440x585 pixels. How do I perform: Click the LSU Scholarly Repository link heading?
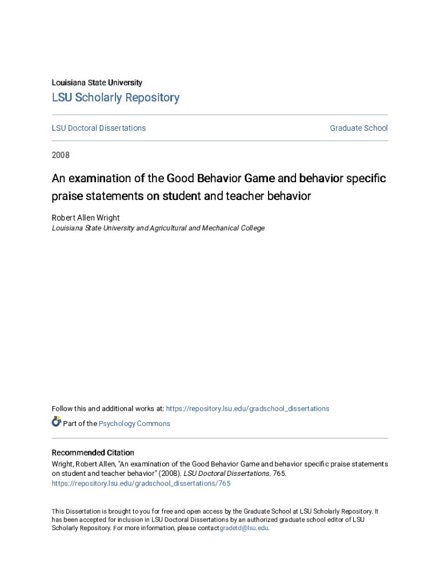[115, 98]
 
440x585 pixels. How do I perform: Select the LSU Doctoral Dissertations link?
[99, 128]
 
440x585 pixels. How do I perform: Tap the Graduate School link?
[358, 128]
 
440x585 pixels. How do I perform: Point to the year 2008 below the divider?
[61, 154]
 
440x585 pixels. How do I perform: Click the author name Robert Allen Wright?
[86, 218]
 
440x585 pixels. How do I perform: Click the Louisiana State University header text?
[97, 83]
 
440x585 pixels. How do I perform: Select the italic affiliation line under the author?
[158, 228]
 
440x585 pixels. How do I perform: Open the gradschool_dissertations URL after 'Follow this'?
[247, 408]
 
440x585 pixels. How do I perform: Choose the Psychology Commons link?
[134, 423]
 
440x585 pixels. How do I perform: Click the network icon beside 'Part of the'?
[57, 422]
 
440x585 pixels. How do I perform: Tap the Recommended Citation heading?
[93, 452]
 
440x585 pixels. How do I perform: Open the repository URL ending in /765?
[141, 483]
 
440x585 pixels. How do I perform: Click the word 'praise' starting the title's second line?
[66, 197]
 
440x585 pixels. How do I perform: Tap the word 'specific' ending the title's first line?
[367, 178]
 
